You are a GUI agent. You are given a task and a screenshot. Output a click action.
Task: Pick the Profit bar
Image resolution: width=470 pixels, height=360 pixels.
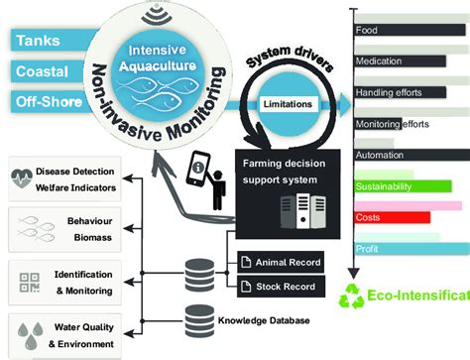(x=407, y=249)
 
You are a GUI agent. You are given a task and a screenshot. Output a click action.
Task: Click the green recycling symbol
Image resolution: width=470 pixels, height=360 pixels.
(x=353, y=298)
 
